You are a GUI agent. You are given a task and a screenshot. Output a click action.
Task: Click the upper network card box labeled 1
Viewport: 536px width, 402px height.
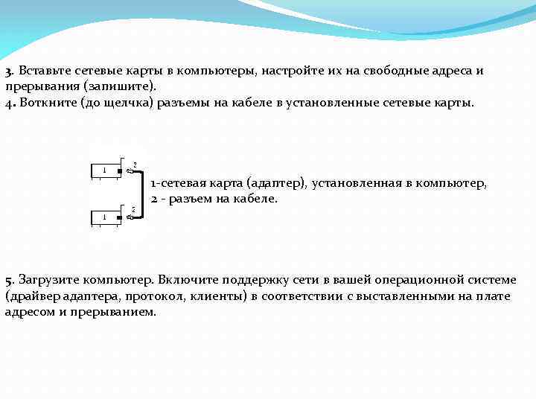point(104,170)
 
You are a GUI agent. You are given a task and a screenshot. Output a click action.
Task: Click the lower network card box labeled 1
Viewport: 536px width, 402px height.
point(104,217)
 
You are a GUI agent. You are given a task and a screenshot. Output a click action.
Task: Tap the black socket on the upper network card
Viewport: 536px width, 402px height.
point(119,170)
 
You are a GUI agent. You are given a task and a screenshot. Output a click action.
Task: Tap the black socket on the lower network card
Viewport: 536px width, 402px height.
point(119,217)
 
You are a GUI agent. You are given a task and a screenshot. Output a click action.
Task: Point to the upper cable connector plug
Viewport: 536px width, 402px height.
point(130,171)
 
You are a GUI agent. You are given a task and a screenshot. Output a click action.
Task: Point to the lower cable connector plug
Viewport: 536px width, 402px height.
point(130,217)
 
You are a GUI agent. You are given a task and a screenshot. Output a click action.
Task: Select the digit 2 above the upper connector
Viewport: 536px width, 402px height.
point(134,164)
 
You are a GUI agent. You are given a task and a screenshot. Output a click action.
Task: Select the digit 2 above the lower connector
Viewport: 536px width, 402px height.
point(133,210)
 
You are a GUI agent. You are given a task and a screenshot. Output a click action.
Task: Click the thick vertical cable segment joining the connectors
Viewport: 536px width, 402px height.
point(141,194)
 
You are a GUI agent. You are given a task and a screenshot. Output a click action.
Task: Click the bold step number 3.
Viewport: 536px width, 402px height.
point(8,71)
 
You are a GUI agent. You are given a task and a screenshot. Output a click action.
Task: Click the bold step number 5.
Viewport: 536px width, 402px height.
point(8,281)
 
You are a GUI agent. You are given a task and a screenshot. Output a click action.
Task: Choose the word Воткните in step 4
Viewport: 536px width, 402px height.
point(44,101)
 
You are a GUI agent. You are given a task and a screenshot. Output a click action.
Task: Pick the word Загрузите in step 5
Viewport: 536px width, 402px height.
point(46,280)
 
